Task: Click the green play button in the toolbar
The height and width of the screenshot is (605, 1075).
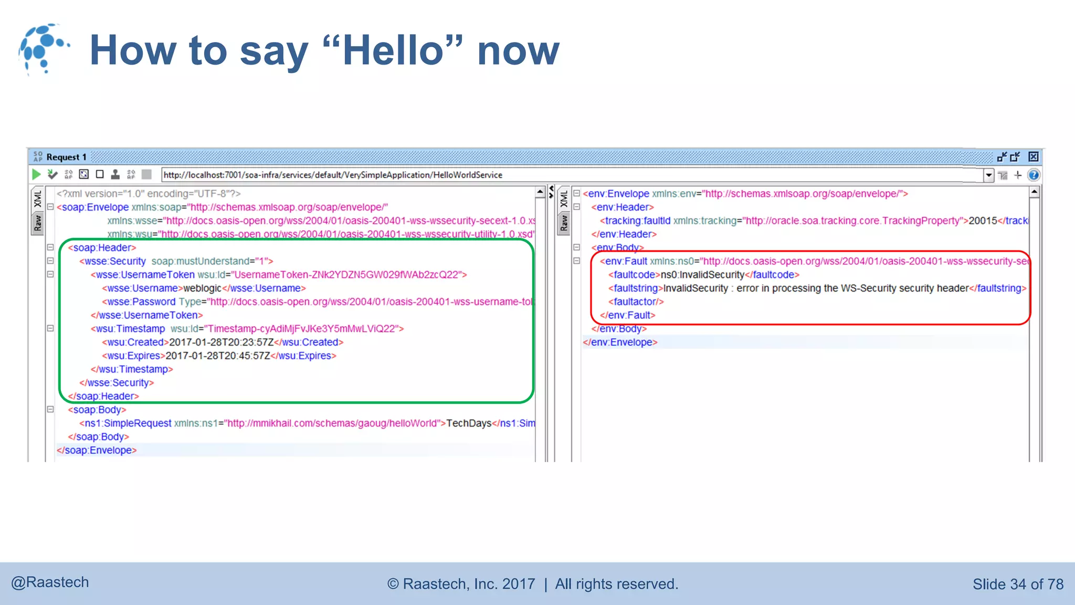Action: click(36, 174)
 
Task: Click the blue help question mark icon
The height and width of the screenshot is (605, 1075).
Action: click(1034, 175)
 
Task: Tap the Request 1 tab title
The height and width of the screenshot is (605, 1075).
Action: click(66, 157)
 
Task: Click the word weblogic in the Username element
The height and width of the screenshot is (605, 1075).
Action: click(202, 288)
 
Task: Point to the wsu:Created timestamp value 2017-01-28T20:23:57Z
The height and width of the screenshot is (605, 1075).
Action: click(221, 342)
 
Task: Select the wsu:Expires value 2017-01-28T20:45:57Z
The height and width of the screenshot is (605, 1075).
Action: click(218, 356)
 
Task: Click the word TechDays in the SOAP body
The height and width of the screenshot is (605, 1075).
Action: click(469, 423)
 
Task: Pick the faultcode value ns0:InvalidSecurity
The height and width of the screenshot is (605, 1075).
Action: click(702, 275)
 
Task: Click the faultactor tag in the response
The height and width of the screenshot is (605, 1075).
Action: click(636, 302)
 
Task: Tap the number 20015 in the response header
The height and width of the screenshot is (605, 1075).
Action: click(983, 221)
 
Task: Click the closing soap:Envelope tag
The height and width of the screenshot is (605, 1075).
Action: click(97, 451)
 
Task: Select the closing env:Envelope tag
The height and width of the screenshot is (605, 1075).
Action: click(620, 342)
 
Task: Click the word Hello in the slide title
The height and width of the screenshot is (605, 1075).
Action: click(393, 50)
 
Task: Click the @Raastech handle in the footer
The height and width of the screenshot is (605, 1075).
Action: click(50, 582)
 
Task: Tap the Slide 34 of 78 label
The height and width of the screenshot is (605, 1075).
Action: click(1018, 584)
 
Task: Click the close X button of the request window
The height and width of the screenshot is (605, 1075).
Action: click(1033, 157)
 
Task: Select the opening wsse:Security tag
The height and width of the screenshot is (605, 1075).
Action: click(112, 262)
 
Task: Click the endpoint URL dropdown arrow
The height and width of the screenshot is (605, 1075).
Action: click(989, 175)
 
